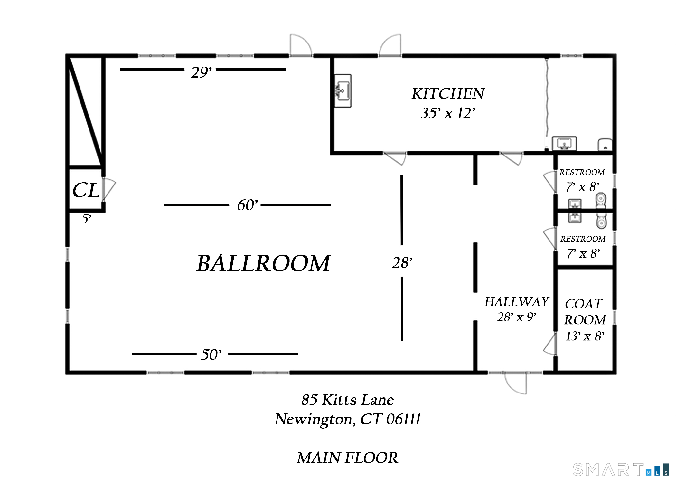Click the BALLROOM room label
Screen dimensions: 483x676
pyautogui.click(x=263, y=263)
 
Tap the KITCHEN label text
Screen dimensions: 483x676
pyautogui.click(x=447, y=94)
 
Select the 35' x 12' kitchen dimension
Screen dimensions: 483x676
pyautogui.click(x=448, y=113)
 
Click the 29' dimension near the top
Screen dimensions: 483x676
pyautogui.click(x=201, y=72)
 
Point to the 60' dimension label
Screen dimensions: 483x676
pyautogui.click(x=247, y=205)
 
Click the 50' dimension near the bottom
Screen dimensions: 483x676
pyautogui.click(x=211, y=355)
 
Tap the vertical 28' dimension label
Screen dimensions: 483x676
pyautogui.click(x=402, y=263)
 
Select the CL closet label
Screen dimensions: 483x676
pyautogui.click(x=85, y=190)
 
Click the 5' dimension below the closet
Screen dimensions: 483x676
pyautogui.click(x=86, y=219)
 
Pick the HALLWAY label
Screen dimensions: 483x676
pyautogui.click(x=516, y=302)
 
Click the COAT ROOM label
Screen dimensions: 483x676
pyautogui.click(x=585, y=312)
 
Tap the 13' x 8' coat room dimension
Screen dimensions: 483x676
pyautogui.click(x=585, y=336)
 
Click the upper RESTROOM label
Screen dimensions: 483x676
pyautogui.click(x=582, y=172)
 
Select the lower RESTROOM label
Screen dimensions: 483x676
pyautogui.click(x=583, y=239)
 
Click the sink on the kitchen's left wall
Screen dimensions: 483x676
pyautogui.click(x=343, y=91)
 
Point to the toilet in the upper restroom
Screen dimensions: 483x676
pyautogui.click(x=601, y=201)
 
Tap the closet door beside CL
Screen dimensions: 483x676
pyautogui.click(x=109, y=189)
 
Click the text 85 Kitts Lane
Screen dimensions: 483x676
pyautogui.click(x=347, y=400)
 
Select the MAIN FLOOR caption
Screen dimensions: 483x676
pyautogui.click(x=347, y=458)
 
